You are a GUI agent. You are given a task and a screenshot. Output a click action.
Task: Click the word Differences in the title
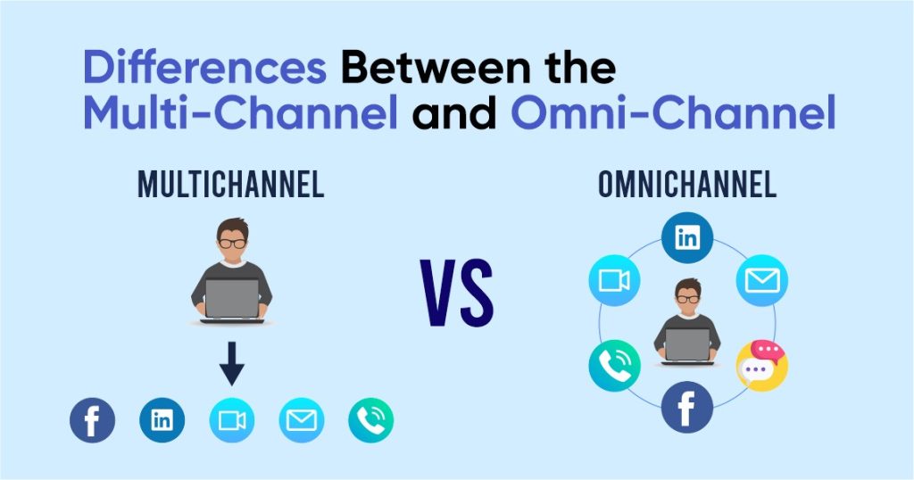click(204, 68)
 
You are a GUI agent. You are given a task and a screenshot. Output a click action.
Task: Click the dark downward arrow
click(231, 363)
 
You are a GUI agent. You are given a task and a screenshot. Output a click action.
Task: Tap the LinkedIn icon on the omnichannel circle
click(687, 237)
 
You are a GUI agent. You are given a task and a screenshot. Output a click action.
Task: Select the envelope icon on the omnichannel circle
click(761, 281)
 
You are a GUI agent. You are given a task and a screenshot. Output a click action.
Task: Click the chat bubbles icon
click(761, 366)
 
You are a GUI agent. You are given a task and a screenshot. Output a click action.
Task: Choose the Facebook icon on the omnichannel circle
click(686, 407)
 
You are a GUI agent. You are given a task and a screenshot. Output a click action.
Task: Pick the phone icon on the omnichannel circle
click(614, 366)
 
